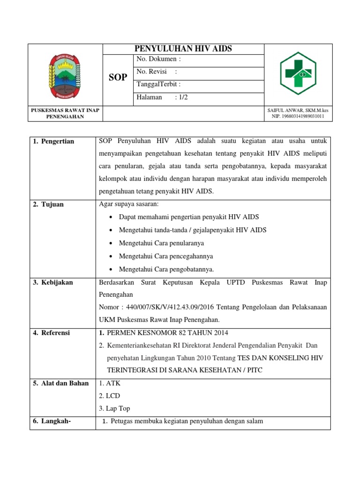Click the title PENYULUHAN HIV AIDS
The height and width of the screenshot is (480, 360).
184,49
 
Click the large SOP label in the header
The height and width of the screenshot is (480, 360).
118,77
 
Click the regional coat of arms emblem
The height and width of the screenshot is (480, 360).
65,75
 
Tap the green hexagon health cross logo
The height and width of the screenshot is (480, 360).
299,74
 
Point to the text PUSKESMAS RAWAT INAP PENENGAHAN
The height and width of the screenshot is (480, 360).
65,113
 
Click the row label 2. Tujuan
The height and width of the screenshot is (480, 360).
49,205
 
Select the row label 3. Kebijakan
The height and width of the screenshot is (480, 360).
53,283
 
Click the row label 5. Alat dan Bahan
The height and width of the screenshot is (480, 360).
60,383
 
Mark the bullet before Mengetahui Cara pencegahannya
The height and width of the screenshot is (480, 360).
110,256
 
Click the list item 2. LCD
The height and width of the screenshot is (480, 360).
107,396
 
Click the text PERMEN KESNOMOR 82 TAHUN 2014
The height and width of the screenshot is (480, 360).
168,333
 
